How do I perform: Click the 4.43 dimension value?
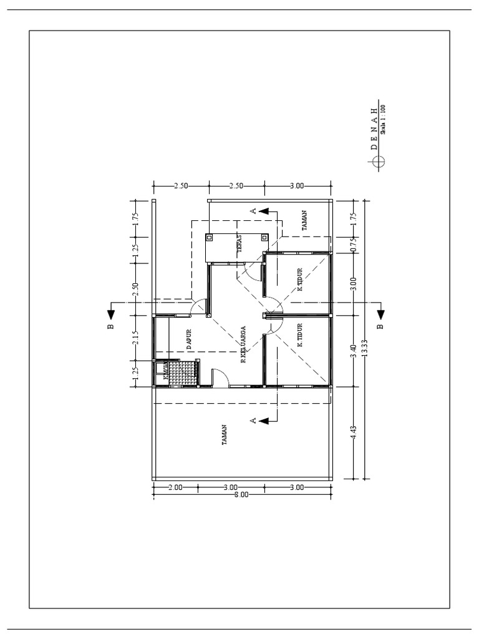[x=353, y=433]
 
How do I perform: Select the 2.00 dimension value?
[x=175, y=487]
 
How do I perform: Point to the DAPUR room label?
[x=186, y=340]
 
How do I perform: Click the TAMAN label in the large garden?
[x=223, y=434]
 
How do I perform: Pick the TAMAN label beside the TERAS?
[x=304, y=225]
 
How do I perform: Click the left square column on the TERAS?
[x=209, y=237]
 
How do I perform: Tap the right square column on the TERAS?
[x=264, y=237]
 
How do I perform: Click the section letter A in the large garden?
[x=253, y=421]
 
